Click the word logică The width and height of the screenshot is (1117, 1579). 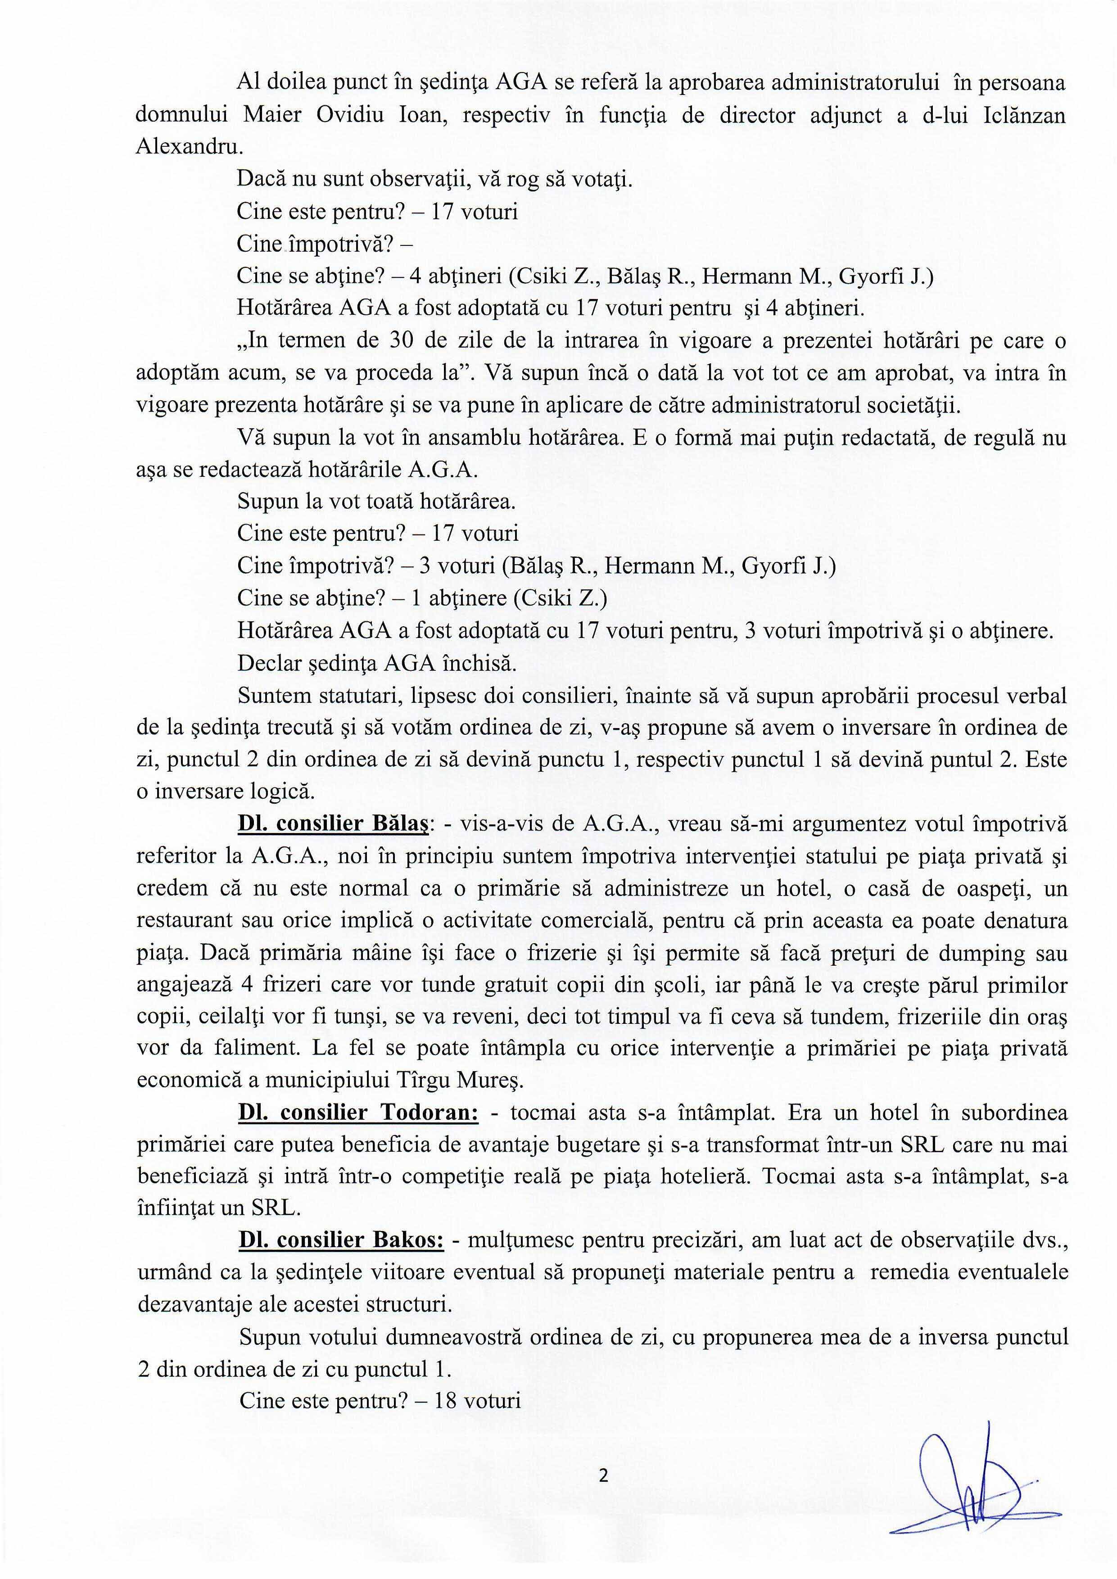coord(283,792)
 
